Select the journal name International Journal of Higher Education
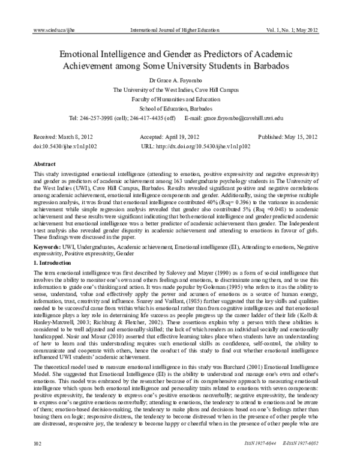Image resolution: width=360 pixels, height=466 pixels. [x=179, y=29]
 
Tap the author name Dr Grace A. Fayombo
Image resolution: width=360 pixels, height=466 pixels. [x=180, y=79]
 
